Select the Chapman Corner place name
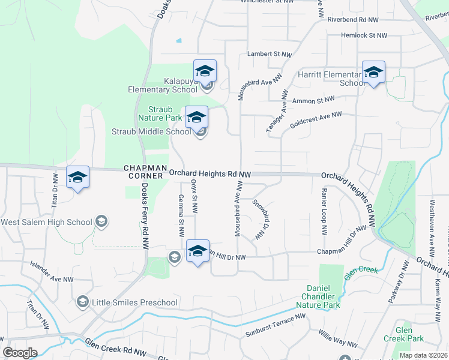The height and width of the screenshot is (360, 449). tap(143, 172)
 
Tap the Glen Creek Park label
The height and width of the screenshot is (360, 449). tap(412, 335)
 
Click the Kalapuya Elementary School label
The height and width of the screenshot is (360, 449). tap(162, 85)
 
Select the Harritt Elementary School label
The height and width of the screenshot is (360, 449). tap(328, 79)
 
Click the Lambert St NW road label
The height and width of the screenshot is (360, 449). tap(270, 54)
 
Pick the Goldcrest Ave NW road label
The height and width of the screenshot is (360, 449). tap(315, 119)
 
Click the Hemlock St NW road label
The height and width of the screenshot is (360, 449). tap(364, 36)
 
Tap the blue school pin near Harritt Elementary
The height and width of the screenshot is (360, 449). tap(373, 73)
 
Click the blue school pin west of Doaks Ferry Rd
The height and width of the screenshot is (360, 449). tap(77, 178)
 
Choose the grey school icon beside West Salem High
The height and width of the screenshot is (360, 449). tap(101, 222)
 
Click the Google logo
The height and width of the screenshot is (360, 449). tap(20, 353)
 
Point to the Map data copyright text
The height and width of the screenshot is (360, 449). tap(423, 355)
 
